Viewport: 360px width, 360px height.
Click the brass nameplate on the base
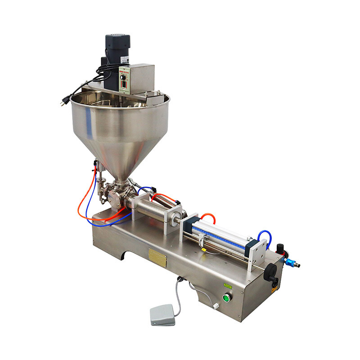158,256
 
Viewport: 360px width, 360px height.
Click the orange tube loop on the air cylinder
208,216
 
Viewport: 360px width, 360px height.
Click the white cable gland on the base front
216,306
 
